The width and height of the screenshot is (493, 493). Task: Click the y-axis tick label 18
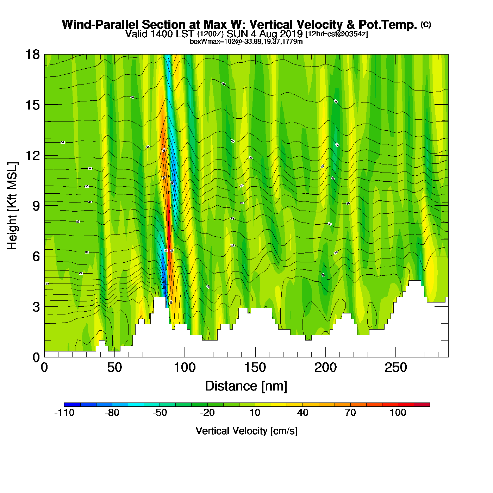click(x=32, y=55)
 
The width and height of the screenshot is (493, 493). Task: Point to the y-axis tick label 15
click(x=32, y=105)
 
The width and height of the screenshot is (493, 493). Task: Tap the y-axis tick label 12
click(x=32, y=155)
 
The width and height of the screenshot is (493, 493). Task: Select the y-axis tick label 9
click(x=36, y=206)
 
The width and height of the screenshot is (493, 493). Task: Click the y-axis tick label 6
click(x=36, y=256)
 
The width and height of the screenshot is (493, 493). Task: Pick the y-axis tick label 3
click(x=36, y=307)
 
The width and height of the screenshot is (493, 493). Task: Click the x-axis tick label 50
click(x=114, y=368)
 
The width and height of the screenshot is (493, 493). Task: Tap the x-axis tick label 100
click(x=185, y=368)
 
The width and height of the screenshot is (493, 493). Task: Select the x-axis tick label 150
click(x=255, y=368)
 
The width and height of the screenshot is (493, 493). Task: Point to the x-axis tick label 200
click(x=325, y=368)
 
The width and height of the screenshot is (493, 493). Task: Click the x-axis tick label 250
click(x=396, y=368)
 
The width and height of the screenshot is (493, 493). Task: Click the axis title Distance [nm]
click(x=246, y=386)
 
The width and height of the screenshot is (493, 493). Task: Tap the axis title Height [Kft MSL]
click(x=12, y=206)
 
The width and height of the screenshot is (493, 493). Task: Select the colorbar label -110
click(x=64, y=413)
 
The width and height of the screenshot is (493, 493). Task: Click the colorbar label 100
click(x=398, y=413)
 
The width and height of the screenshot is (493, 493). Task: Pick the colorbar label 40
click(x=302, y=413)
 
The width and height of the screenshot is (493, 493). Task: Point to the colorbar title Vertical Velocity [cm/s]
click(x=246, y=431)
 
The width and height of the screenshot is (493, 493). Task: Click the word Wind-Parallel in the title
click(x=101, y=25)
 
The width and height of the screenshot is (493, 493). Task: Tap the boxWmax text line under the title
click(x=246, y=42)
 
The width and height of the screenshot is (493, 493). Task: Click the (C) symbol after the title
click(x=426, y=24)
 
